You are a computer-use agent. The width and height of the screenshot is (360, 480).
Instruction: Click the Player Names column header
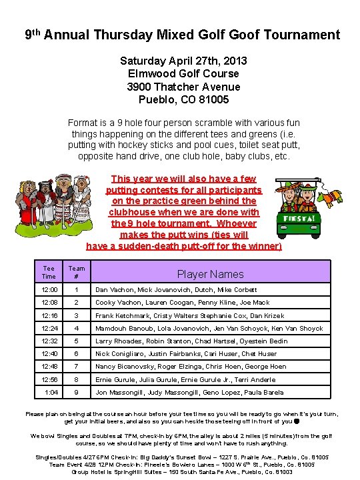pyautogui.click(x=210, y=273)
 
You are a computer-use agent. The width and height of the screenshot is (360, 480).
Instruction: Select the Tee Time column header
pyautogui.click(x=49, y=272)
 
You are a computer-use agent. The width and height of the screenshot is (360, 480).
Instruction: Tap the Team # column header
pyautogui.click(x=77, y=272)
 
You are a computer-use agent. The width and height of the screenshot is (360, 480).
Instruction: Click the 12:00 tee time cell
pyautogui.click(x=49, y=290)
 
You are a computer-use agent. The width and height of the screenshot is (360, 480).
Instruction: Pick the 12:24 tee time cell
pyautogui.click(x=49, y=328)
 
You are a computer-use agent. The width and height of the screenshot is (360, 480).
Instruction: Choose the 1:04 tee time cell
pyautogui.click(x=51, y=393)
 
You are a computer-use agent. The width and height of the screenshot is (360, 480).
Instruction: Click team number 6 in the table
pyautogui.click(x=77, y=354)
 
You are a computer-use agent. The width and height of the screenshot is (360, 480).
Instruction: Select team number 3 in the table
pyautogui.click(x=77, y=315)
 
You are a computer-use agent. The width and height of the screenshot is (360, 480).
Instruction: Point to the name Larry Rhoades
pyautogui.click(x=118, y=341)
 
